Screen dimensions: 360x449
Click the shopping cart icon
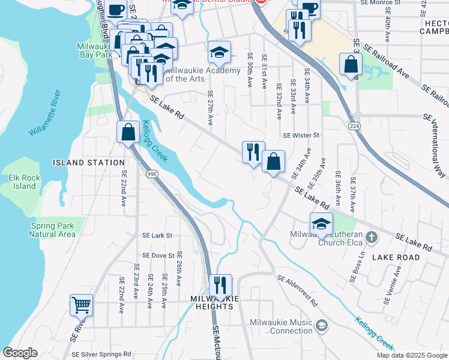click(81, 304)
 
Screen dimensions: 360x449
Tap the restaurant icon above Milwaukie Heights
click(221, 285)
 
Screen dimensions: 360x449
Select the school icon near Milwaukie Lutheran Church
click(321, 223)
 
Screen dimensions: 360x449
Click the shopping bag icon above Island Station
click(128, 131)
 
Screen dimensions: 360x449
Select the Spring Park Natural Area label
click(52, 230)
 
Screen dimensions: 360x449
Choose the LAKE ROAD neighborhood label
click(396, 257)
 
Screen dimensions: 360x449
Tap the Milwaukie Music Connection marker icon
click(322, 326)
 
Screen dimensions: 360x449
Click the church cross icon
click(372, 237)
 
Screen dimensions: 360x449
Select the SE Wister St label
click(301, 136)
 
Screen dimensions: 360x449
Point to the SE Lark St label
click(157, 236)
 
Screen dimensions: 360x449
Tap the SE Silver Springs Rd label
click(101, 354)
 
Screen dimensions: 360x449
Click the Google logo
click(20, 353)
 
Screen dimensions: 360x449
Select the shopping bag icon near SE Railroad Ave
click(350, 65)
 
